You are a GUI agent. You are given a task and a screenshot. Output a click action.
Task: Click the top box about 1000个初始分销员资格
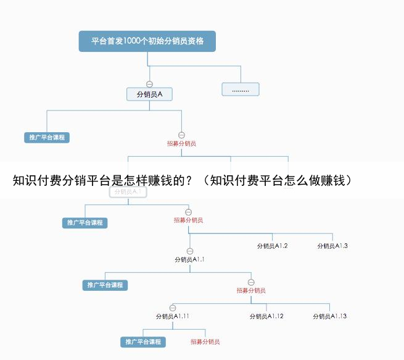point(147,41)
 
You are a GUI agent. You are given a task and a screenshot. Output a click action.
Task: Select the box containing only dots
point(241,89)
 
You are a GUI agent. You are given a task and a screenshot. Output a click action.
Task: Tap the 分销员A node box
point(149,94)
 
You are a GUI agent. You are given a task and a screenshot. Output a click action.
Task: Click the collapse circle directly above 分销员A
point(149,83)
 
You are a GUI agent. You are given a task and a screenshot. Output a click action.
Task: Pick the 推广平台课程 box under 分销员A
point(47,137)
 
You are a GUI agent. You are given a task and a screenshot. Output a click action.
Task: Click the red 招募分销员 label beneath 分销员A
point(181,143)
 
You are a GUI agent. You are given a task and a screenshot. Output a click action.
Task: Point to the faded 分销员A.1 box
point(128,192)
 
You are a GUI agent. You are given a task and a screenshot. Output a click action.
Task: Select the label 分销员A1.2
point(272,246)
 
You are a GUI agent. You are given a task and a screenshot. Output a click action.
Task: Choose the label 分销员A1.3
point(332,246)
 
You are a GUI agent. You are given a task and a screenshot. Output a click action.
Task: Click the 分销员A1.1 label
point(189,259)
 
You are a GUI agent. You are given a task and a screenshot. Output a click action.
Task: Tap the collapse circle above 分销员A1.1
point(189,251)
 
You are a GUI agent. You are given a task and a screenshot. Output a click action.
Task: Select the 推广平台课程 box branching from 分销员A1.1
point(105,285)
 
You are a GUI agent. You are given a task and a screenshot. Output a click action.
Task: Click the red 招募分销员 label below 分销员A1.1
point(251,290)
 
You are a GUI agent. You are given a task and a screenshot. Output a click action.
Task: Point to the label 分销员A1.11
point(172,316)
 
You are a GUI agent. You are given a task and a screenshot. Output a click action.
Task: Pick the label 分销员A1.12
point(266,316)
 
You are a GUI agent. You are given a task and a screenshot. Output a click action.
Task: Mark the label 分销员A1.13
point(329,316)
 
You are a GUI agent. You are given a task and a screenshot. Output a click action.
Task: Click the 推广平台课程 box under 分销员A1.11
point(143,341)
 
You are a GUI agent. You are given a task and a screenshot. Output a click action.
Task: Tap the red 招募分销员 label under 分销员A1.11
point(205,341)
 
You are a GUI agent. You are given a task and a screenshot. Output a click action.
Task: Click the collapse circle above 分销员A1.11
point(172,308)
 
